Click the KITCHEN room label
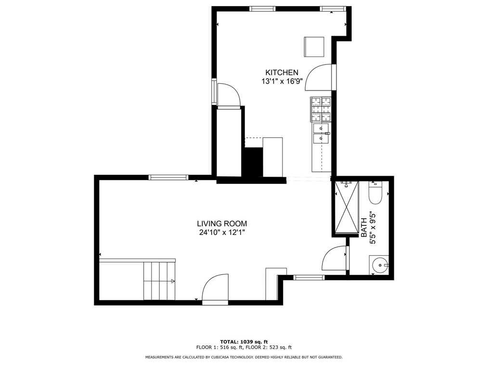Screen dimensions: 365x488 click(x=282, y=72)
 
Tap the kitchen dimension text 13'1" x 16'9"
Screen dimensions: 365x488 click(x=282, y=81)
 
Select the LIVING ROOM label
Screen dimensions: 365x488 click(x=222, y=223)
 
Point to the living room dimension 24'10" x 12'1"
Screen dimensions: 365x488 click(x=222, y=233)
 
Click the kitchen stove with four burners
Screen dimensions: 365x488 click(x=321, y=109)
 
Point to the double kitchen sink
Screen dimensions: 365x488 click(x=321, y=133)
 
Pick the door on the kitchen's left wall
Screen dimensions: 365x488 click(x=229, y=95)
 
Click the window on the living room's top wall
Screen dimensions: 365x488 click(x=168, y=178)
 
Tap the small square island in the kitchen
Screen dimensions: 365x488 click(x=314, y=47)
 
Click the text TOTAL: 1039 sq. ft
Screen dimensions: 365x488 click(x=244, y=341)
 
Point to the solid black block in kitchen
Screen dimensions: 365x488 click(x=252, y=162)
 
